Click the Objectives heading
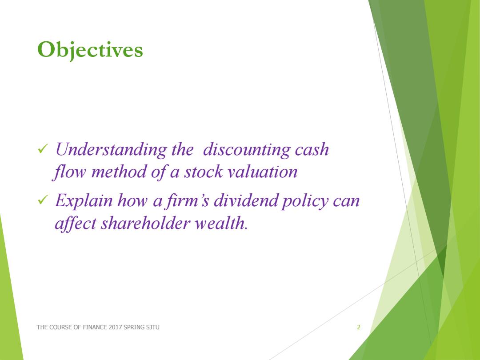tap(90, 50)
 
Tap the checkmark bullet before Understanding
tap(43, 149)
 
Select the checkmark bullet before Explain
tap(43, 200)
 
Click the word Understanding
tap(111, 150)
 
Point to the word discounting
tap(247, 150)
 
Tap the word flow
tap(69, 172)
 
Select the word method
tap(119, 172)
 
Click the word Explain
tap(84, 201)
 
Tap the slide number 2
tap(359, 327)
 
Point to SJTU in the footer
tap(152, 327)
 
